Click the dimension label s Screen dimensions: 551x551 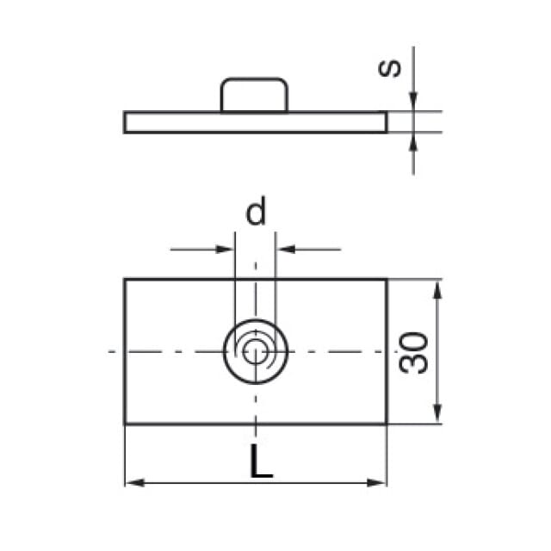[389, 68]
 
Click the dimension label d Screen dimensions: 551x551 [256, 211]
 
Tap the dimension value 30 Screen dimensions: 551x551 [413, 352]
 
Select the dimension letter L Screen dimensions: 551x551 [261, 461]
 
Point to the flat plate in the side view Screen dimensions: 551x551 [256, 122]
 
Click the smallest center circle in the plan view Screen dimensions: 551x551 [256, 351]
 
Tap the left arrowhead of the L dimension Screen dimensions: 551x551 [135, 482]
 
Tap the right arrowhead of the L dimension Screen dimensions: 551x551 [376, 482]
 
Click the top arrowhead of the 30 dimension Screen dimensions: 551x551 [436, 289]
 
